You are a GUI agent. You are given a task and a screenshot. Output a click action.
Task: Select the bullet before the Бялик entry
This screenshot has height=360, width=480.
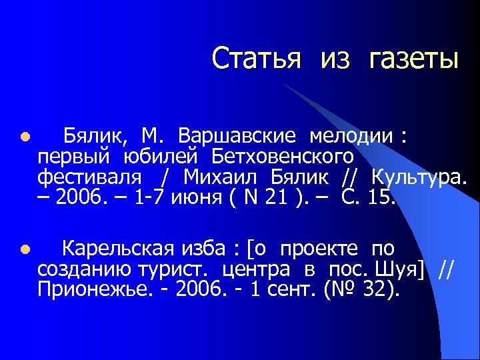point(24,138)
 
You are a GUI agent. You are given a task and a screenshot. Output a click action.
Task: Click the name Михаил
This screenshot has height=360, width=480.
point(223,178)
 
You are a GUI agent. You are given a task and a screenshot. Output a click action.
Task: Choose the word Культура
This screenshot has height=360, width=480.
point(420,178)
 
